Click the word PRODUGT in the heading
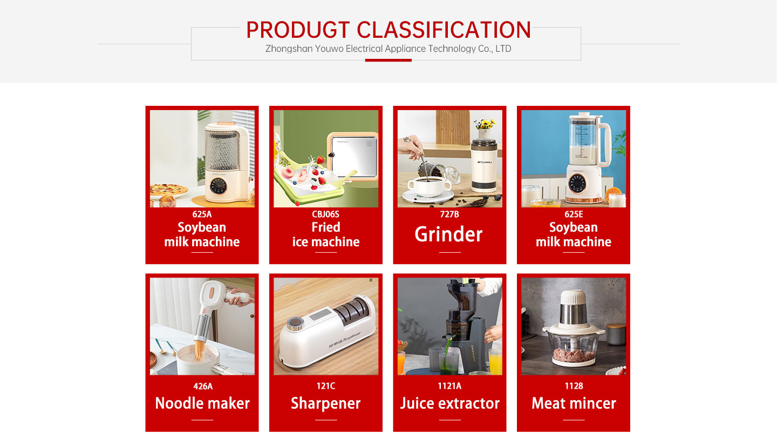[x=298, y=30]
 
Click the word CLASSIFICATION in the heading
[x=444, y=30]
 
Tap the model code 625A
[x=202, y=214]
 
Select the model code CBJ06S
[x=325, y=214]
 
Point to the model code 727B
[x=449, y=214]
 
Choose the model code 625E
[x=574, y=214]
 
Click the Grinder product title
[x=448, y=234]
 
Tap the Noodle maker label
[x=202, y=403]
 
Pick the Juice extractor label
[x=449, y=403]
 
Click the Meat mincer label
[x=574, y=403]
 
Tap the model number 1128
[x=574, y=386]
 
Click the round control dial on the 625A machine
[x=218, y=186]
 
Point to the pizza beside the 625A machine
[x=169, y=190]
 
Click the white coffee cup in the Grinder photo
[x=429, y=188]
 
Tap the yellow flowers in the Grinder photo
[x=485, y=123]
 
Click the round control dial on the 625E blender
[x=577, y=183]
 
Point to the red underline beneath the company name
[x=388, y=60]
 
